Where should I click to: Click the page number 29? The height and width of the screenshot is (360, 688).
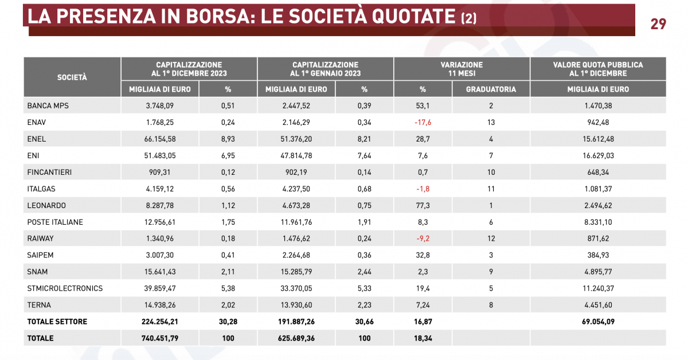[x=658, y=24]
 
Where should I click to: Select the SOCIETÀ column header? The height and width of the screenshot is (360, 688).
[x=72, y=77]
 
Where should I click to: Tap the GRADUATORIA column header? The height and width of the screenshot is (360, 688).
[x=491, y=89]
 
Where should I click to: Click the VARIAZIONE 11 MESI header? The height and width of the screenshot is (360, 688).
[x=462, y=69]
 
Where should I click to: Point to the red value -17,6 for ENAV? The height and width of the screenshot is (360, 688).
[x=423, y=122]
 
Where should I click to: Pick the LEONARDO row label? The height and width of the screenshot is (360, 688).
[x=46, y=205]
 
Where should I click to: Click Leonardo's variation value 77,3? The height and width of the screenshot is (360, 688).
[x=423, y=205]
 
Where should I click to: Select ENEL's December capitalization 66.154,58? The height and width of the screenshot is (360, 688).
[x=160, y=139]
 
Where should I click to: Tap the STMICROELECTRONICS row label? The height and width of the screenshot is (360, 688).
[x=65, y=288]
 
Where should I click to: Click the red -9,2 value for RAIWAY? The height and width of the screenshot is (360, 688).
[x=423, y=238]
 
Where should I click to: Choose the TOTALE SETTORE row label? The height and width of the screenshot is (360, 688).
[x=57, y=322]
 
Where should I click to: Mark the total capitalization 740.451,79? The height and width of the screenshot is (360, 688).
[x=160, y=338]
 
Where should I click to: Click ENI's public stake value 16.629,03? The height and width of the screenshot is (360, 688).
[x=598, y=155]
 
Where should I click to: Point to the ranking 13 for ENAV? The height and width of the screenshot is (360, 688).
[x=491, y=122]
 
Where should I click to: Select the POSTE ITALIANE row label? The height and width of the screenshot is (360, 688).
[x=55, y=222]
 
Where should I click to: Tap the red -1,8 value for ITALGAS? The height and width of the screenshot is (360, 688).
[x=423, y=189]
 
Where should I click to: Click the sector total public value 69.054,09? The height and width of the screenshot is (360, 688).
[x=598, y=322]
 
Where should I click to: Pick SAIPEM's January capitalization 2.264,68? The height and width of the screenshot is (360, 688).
[x=296, y=255]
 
